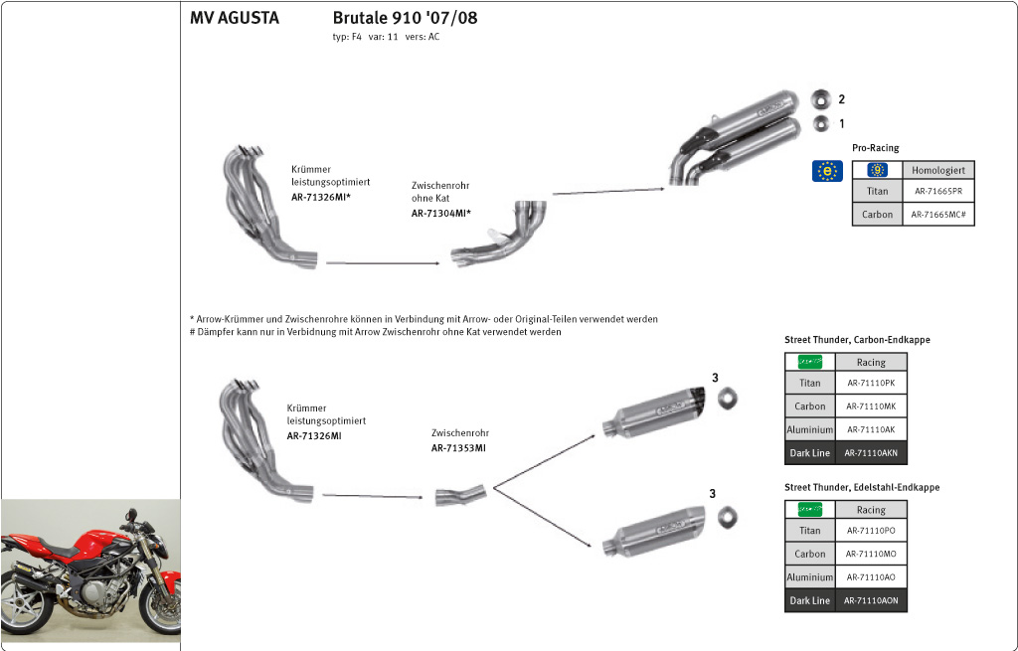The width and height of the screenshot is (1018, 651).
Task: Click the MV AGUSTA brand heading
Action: click(235, 18)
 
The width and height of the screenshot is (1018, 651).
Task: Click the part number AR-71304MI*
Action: click(440, 214)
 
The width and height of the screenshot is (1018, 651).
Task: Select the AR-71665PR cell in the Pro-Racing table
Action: click(937, 192)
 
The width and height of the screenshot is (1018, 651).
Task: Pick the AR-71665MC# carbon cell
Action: click(937, 215)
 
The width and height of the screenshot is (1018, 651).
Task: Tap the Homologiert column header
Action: click(937, 170)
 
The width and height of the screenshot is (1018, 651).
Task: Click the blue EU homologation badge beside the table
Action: click(827, 171)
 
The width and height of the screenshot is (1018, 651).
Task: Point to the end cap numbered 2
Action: click(820, 99)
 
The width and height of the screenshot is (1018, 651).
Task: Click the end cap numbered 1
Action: click(820, 124)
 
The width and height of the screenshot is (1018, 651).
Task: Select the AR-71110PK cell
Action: click(871, 383)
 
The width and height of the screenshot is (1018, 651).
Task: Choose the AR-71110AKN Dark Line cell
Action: click(871, 453)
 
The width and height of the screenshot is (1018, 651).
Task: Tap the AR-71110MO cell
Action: click(871, 554)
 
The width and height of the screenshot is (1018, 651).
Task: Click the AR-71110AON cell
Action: click(871, 600)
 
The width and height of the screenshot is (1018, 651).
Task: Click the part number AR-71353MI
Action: click(458, 448)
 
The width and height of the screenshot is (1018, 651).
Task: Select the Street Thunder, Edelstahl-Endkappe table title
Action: click(861, 488)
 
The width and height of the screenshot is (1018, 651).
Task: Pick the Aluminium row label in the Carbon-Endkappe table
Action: click(809, 430)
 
